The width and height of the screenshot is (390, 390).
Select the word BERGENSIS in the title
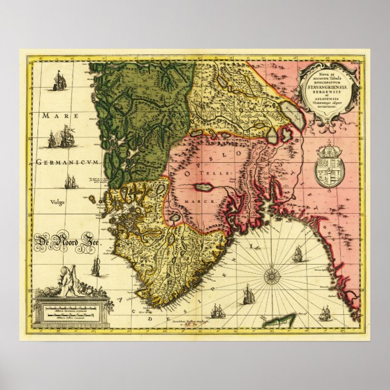click(331, 94)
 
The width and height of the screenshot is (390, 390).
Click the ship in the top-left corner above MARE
click(59, 81)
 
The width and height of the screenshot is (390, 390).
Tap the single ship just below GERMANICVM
click(71, 181)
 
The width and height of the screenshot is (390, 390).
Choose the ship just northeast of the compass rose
click(297, 255)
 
